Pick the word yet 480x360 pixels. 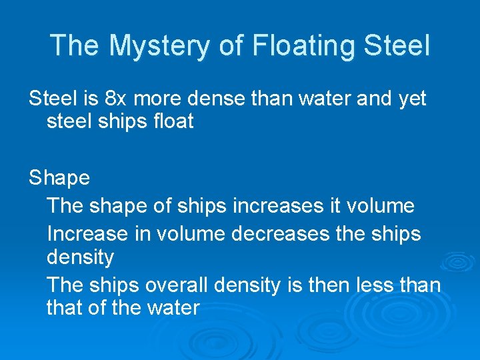(411, 99)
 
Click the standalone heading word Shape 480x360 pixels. (59, 178)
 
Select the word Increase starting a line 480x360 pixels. (87, 234)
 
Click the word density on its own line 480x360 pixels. (80, 257)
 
